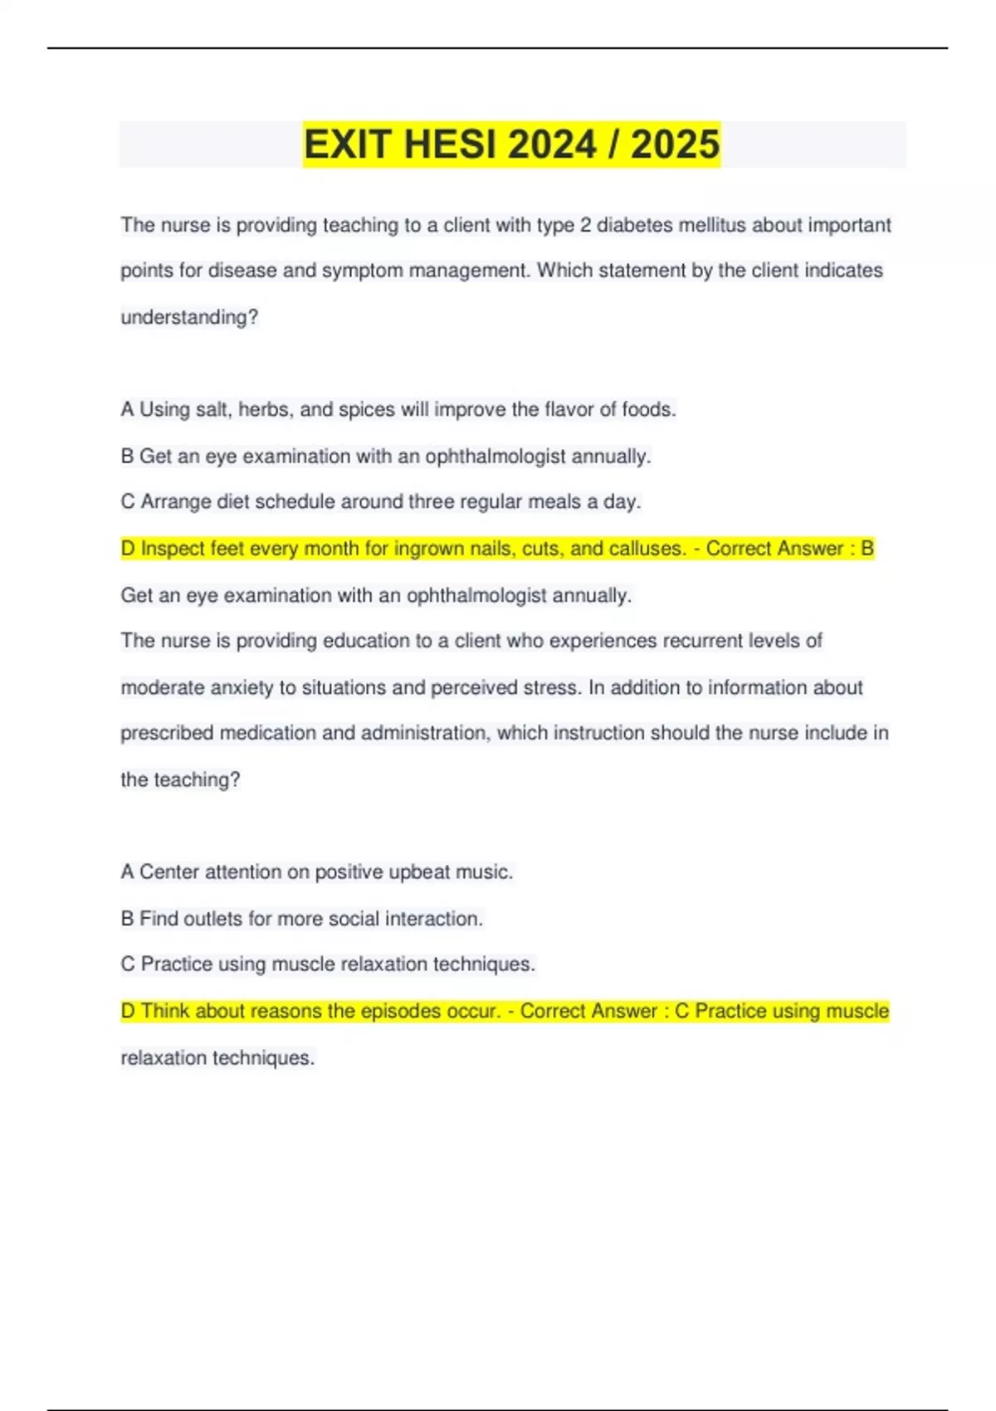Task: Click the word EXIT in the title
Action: coord(347,144)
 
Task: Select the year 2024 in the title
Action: coord(552,144)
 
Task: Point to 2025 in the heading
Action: coord(675,144)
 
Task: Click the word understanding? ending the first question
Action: coord(189,317)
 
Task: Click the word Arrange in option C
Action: coord(176,501)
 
